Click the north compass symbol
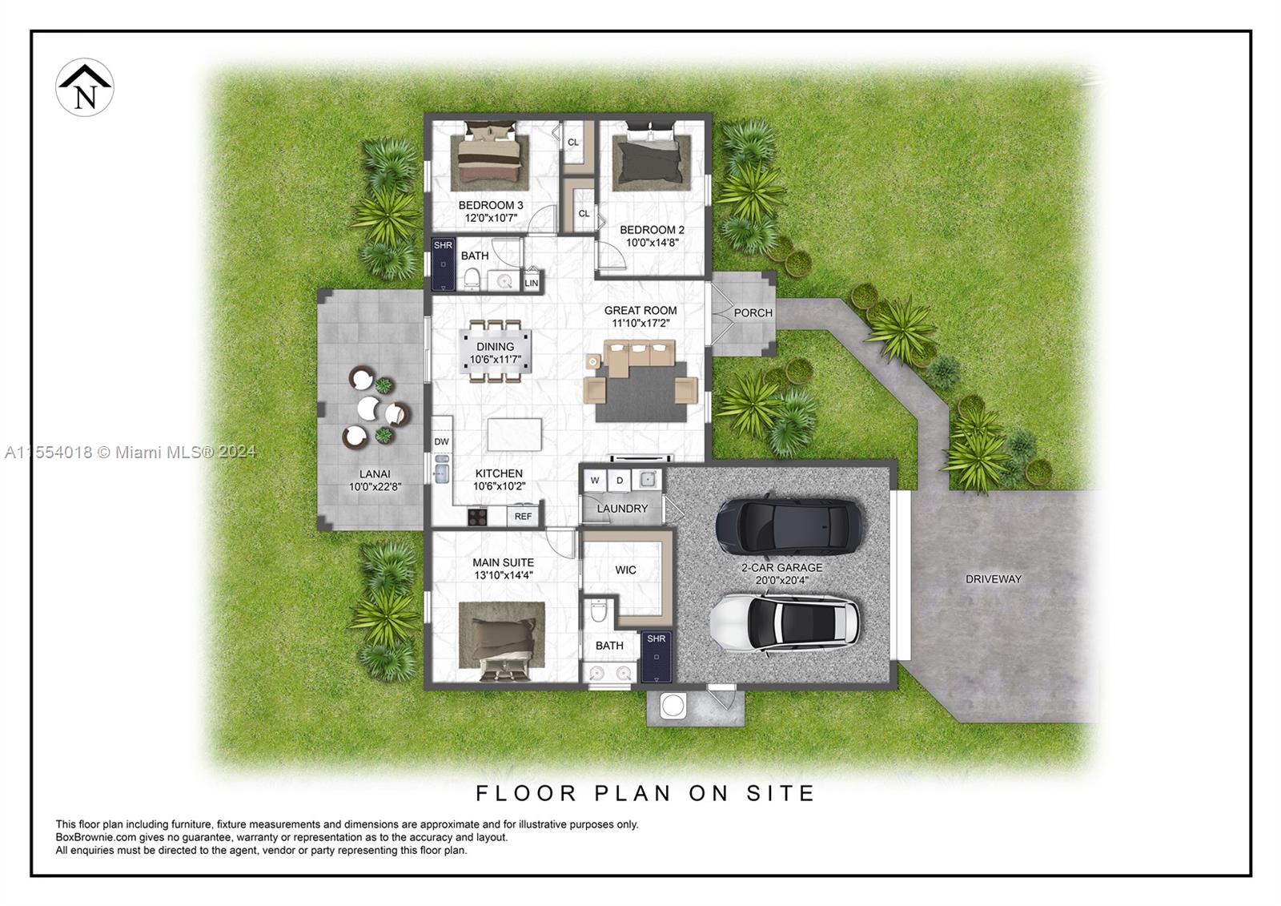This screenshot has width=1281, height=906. coord(84,87)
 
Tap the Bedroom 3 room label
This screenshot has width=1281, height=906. coord(491,206)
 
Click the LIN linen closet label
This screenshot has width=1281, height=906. coord(531,283)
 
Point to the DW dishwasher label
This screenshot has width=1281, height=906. coord(441,441)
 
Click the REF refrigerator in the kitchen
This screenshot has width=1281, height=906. coord(523,516)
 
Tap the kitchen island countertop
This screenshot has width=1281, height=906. coord(514,434)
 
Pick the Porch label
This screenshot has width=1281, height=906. coord(753,313)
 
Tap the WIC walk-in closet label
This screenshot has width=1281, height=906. coord(625,570)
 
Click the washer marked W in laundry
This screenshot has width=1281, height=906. coord(595,481)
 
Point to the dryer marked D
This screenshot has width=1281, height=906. coord(620,481)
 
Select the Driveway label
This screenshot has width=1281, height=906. coord(993,579)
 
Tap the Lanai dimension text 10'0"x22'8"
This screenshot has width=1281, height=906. coord(375,486)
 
